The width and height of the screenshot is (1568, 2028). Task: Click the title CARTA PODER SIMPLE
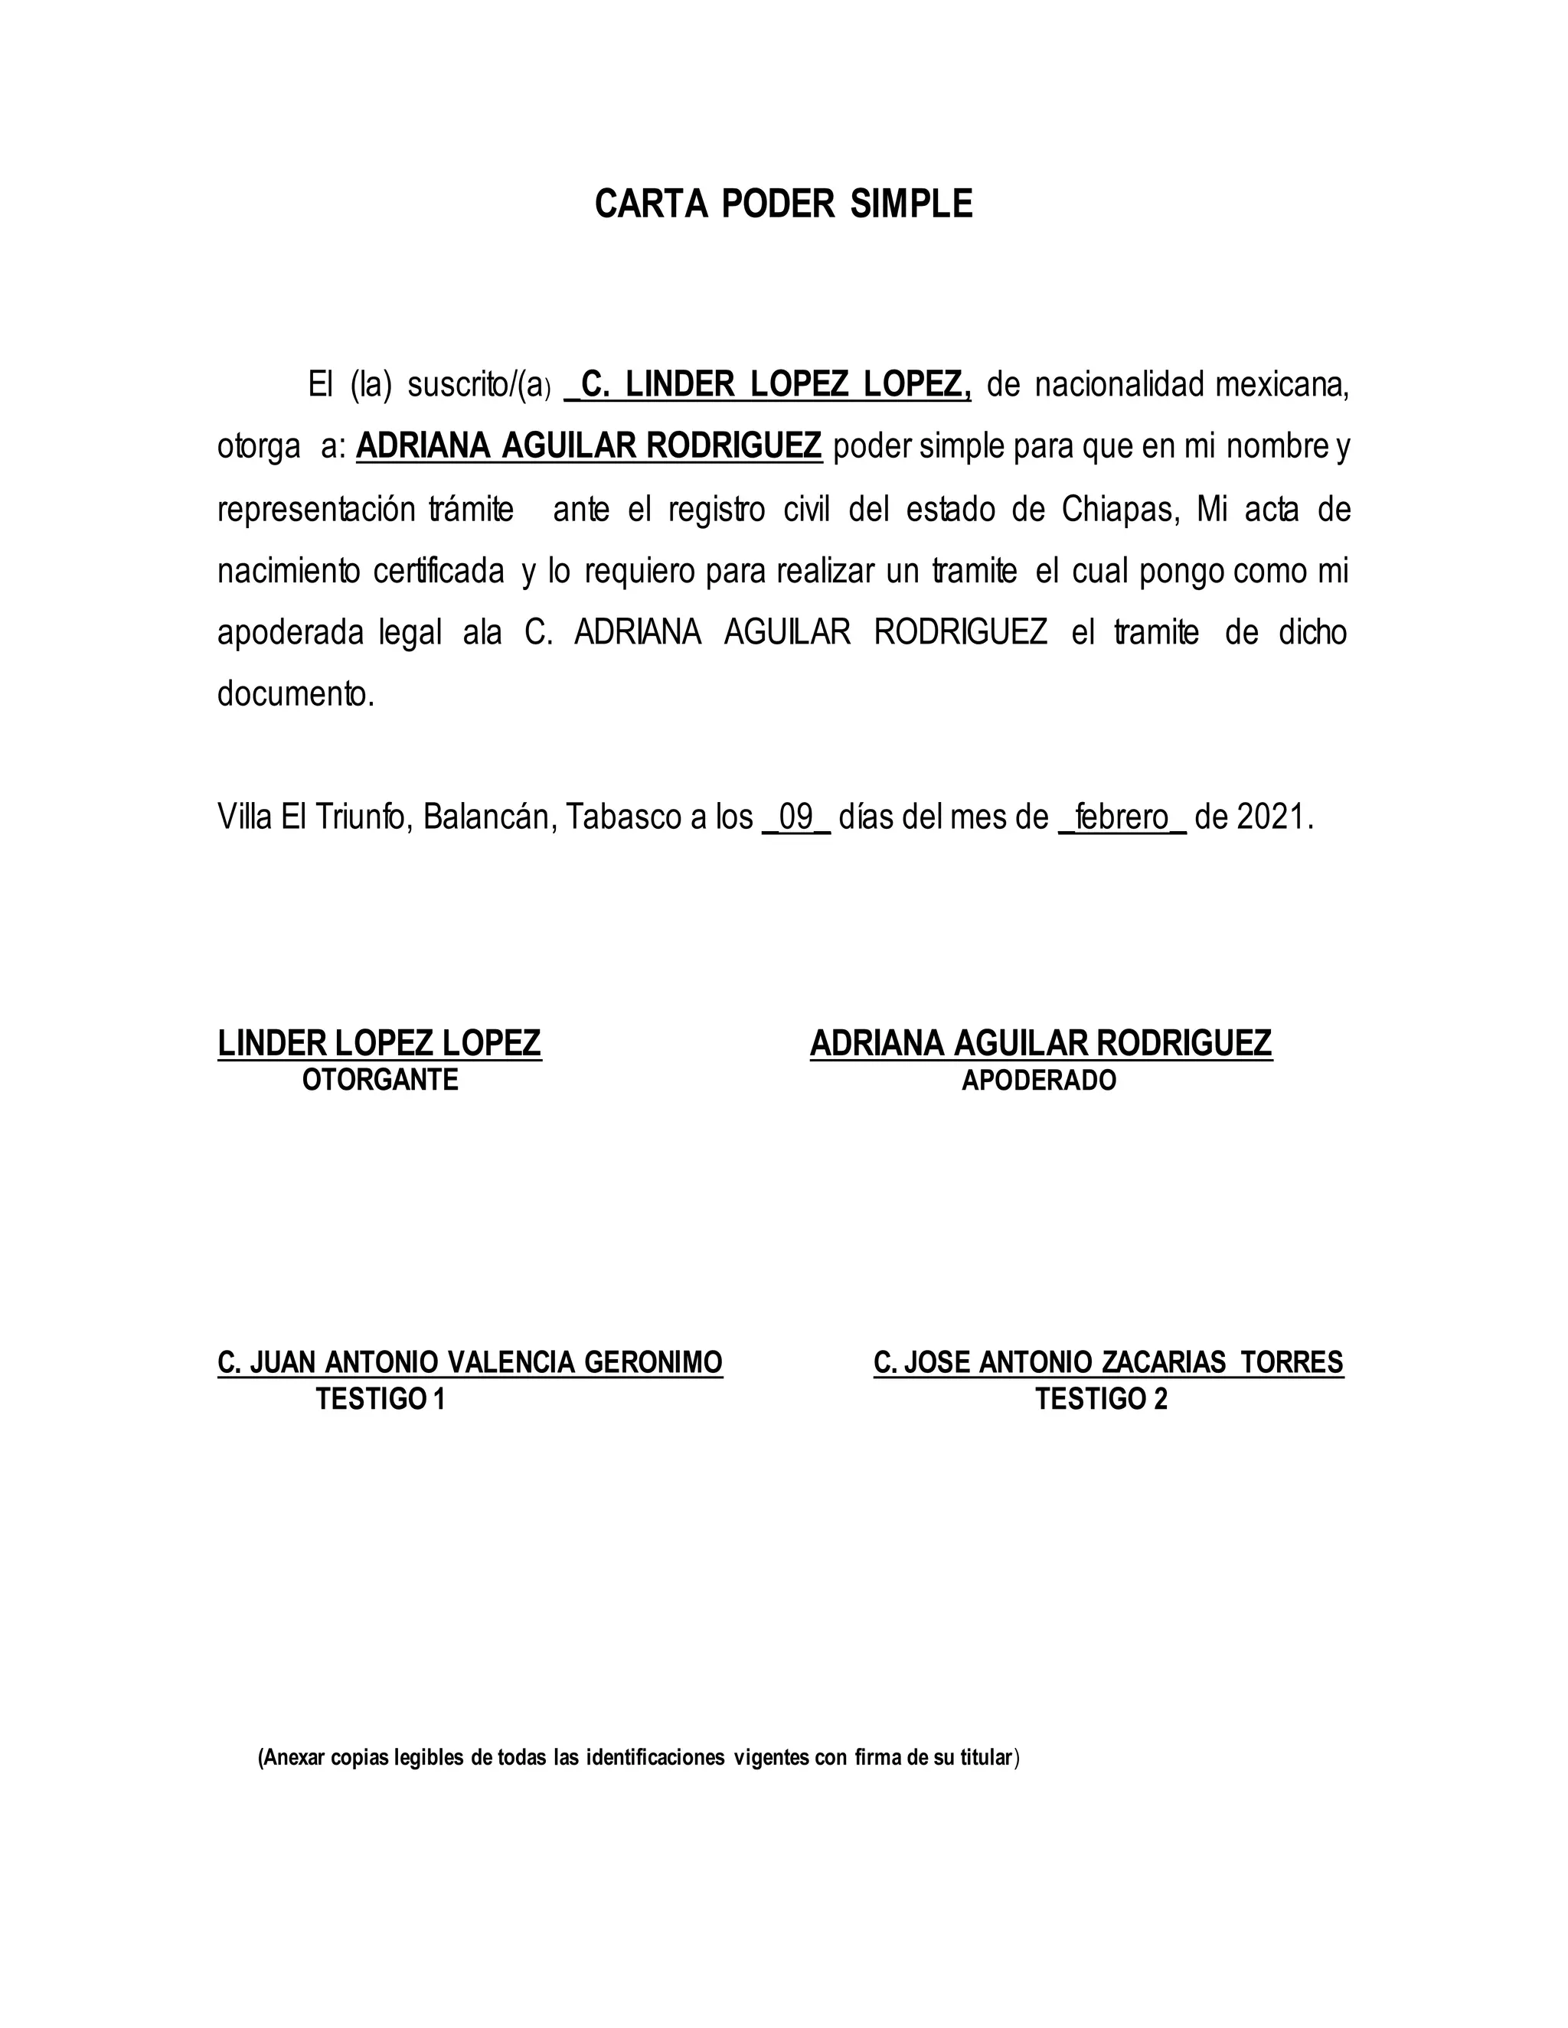[783, 204]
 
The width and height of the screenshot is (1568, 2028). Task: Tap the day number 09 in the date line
[796, 817]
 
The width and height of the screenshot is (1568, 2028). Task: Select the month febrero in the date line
[1122, 817]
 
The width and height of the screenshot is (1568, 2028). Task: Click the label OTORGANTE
[380, 1080]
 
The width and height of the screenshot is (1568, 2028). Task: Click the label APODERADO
[1038, 1080]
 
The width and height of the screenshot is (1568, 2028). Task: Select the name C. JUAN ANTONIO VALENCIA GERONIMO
[470, 1362]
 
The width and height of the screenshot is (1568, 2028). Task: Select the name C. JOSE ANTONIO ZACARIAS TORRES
[1108, 1362]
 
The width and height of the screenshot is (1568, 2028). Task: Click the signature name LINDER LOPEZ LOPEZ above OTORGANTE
[379, 1044]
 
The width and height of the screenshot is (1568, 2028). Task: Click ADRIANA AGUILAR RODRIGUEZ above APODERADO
[1040, 1044]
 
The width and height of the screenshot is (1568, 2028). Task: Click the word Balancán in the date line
[488, 817]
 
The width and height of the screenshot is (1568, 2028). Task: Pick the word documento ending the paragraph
[296, 693]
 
